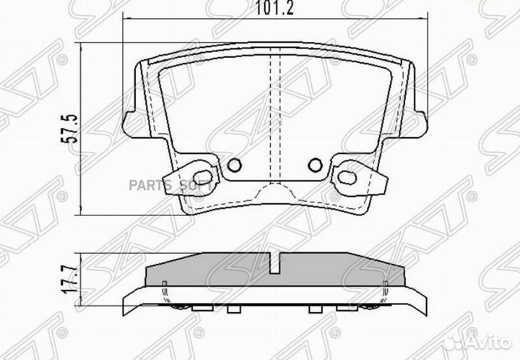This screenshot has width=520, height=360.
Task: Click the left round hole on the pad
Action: pyautogui.click(x=233, y=166)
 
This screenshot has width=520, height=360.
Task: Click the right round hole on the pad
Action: pyautogui.click(x=315, y=166)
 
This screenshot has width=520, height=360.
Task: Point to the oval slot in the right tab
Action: pyautogui.click(x=345, y=176)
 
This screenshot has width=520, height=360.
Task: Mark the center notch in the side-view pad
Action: pyautogui.click(x=274, y=265)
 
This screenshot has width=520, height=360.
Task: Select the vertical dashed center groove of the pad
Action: pyautogui.click(x=274, y=116)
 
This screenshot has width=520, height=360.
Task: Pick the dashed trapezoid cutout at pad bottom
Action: pyautogui.click(x=274, y=192)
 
